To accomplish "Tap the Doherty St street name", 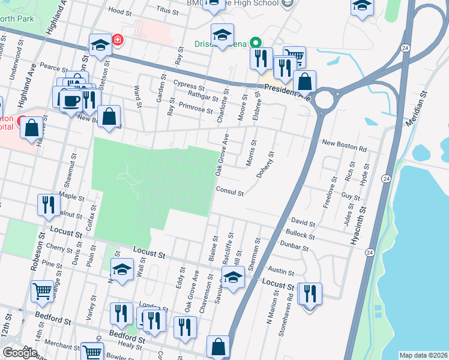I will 267,164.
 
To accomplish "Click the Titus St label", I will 167,11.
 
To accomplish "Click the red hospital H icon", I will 118,40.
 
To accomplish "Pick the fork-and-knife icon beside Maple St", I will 48,205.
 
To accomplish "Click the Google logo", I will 20,352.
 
